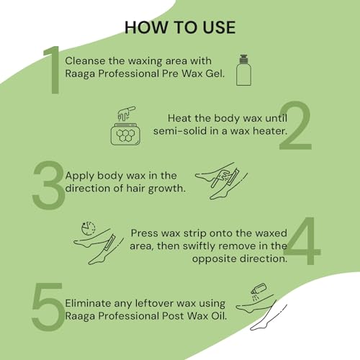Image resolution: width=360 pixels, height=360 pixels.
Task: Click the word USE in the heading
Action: [x=219, y=27]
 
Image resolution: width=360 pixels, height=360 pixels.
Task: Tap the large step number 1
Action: [x=53, y=70]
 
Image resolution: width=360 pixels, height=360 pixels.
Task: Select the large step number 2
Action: [x=295, y=125]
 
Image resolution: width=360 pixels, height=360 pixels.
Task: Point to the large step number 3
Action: [x=49, y=185]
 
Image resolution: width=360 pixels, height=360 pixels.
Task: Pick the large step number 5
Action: [x=48, y=307]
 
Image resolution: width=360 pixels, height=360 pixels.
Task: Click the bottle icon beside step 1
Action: [x=243, y=70]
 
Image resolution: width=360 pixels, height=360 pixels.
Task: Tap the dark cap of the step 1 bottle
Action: [x=243, y=59]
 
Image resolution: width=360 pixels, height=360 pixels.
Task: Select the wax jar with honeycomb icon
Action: [x=125, y=134]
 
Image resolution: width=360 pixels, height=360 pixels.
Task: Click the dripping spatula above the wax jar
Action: [x=127, y=113]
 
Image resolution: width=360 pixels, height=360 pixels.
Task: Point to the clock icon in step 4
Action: [x=89, y=228]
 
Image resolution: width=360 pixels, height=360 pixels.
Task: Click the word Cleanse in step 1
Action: [x=85, y=61]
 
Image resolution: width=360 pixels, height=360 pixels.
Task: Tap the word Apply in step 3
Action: [x=80, y=176]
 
